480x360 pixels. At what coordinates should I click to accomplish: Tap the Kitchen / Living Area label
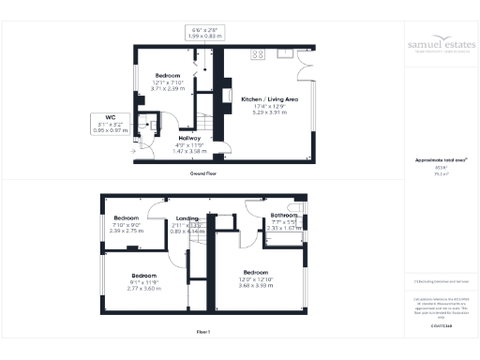pos(269,98)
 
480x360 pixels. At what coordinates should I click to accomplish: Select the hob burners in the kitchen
pos(256,56)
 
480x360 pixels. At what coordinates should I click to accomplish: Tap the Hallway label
pos(190,138)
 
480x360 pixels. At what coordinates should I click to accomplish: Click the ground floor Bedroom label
pos(168,74)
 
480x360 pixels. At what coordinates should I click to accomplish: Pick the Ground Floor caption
pos(202,174)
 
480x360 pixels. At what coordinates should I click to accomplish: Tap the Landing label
pos(187,218)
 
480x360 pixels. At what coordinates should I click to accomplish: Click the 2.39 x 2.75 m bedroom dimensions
pos(126,230)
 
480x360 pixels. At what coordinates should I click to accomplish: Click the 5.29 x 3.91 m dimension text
pos(269,112)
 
